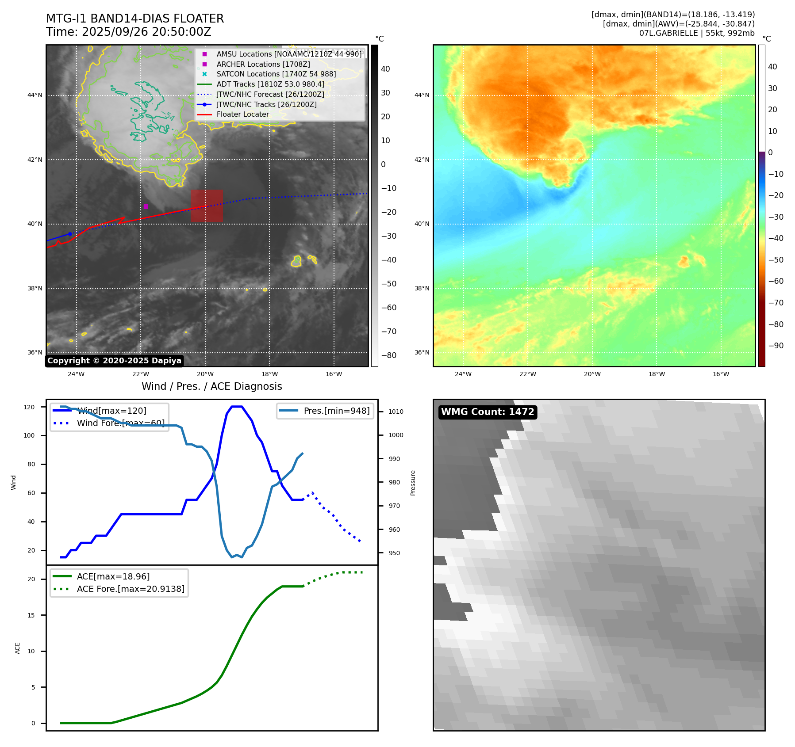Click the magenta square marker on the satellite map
coord(146,206)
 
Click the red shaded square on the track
coord(207,206)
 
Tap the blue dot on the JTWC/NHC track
coord(70,234)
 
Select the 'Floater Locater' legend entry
coord(242,114)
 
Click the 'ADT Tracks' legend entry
coord(270,84)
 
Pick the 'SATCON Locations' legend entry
coord(276,74)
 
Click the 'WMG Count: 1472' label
coord(488,412)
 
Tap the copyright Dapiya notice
coord(114,361)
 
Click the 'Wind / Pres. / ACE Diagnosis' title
coord(211,386)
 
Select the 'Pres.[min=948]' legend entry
coord(336,411)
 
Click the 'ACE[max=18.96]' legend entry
coord(113,576)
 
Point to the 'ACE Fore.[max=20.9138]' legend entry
coord(131,589)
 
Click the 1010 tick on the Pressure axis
coord(396,412)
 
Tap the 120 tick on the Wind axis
coord(29,407)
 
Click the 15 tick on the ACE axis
coord(31,615)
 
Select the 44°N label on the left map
coord(35,95)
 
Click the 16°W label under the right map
coord(721,374)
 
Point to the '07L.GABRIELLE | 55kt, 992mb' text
coord(697,33)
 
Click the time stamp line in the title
coord(128,32)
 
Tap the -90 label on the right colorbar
coord(776,346)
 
